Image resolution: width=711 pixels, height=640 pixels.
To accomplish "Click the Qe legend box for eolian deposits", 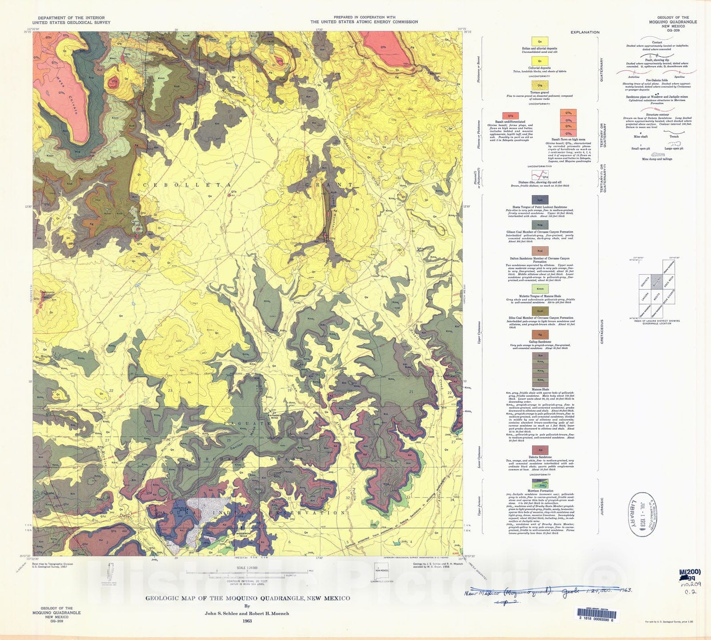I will pyautogui.click(x=539, y=42).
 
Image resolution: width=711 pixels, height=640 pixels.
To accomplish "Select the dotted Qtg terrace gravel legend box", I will pyautogui.click(x=539, y=86).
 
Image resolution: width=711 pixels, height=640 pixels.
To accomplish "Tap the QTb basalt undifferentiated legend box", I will pyautogui.click(x=510, y=116).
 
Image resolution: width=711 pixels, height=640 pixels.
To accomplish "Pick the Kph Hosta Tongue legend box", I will pyautogui.click(x=540, y=200).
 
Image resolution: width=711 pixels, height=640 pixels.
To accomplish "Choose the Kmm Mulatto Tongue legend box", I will pyautogui.click(x=540, y=289).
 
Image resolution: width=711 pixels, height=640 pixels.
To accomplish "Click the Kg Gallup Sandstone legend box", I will pyautogui.click(x=540, y=335).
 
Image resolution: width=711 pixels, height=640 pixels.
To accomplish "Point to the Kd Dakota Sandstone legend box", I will pyautogui.click(x=540, y=450).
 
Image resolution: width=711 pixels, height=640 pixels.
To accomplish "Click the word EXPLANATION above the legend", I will pyautogui.click(x=585, y=32).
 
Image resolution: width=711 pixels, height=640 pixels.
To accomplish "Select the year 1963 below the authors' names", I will pyautogui.click(x=247, y=621).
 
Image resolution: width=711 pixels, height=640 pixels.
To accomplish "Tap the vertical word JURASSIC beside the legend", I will pyautogui.click(x=602, y=506).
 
